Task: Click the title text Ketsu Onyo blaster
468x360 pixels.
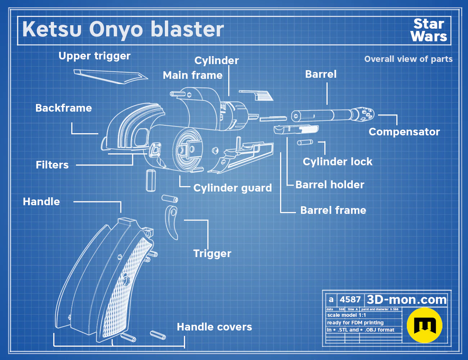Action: [123, 30]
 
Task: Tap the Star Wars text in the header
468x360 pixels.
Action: [429, 30]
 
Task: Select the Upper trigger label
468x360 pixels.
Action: [94, 56]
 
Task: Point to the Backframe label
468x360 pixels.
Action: [63, 108]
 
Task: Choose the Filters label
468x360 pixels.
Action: [52, 165]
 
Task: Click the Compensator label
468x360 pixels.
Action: [404, 132]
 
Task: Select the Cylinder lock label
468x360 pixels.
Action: [337, 162]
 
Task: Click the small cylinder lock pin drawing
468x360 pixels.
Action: [305, 142]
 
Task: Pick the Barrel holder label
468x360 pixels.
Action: [330, 185]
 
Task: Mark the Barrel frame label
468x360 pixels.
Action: [333, 210]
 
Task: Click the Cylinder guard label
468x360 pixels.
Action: [233, 188]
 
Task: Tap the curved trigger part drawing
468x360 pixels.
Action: [172, 222]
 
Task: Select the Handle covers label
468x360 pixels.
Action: [214, 327]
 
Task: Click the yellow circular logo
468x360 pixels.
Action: [424, 325]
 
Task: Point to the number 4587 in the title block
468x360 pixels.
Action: [350, 300]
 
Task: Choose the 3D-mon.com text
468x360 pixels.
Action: [406, 300]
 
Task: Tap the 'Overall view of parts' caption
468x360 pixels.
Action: [408, 59]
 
